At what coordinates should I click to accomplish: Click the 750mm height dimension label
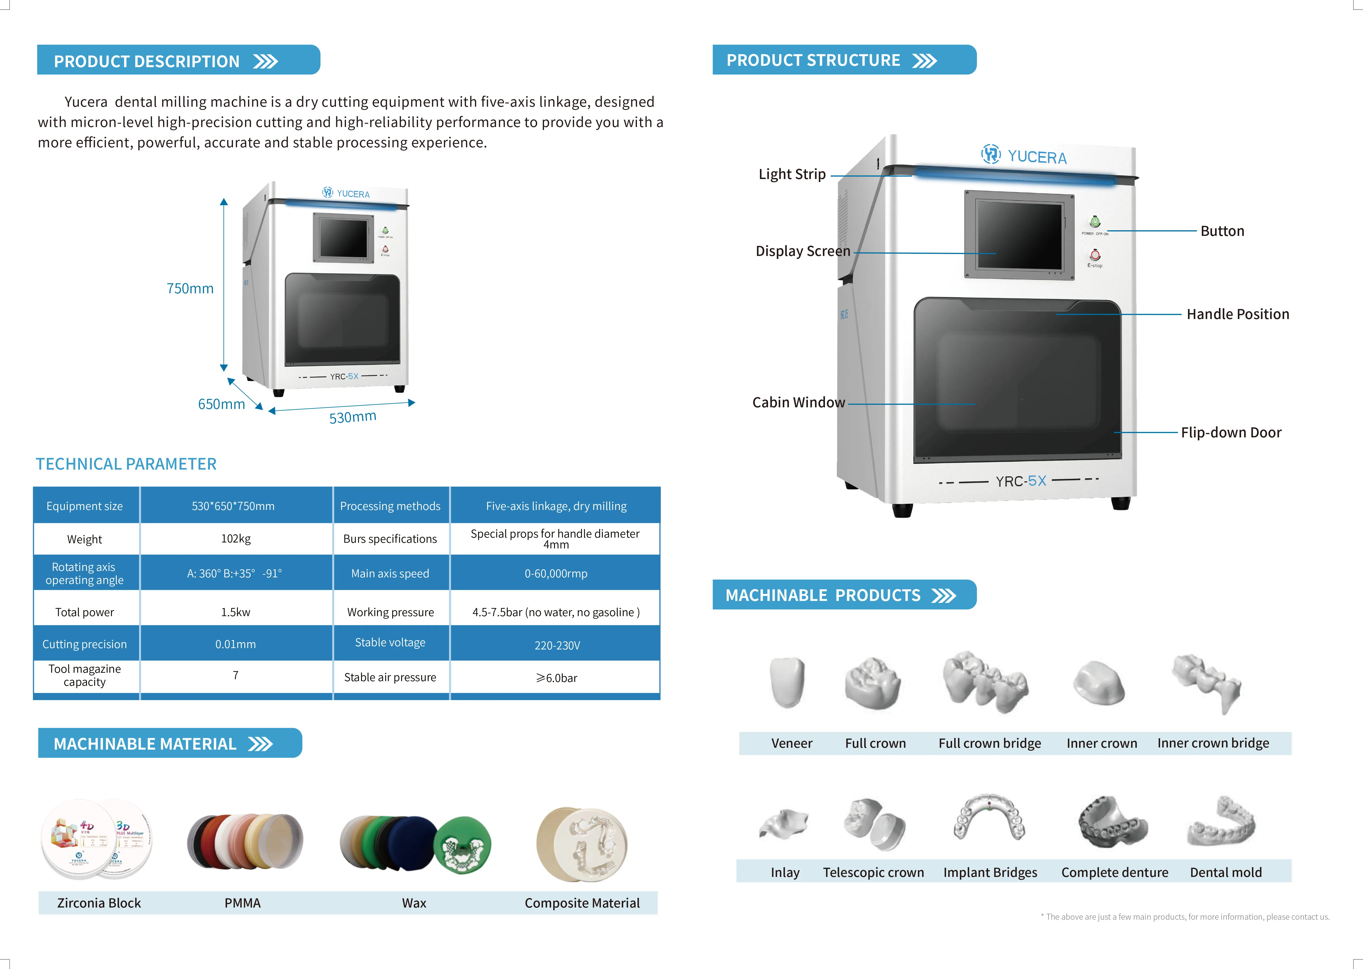click(x=190, y=289)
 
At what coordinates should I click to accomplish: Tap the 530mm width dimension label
click(x=353, y=417)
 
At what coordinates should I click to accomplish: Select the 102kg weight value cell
click(x=236, y=539)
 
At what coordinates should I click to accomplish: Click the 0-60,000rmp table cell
click(x=556, y=573)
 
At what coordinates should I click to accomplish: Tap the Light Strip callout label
click(x=792, y=174)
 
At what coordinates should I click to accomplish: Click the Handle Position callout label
click(x=1238, y=314)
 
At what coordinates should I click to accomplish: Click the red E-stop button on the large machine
click(x=1095, y=255)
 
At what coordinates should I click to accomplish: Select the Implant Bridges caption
click(x=990, y=872)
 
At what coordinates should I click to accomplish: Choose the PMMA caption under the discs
click(x=242, y=903)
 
